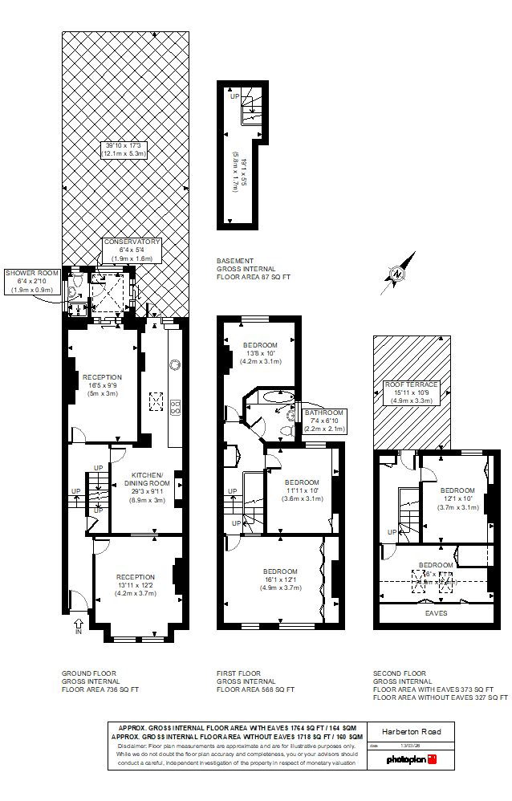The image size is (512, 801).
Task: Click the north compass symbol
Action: (399, 272)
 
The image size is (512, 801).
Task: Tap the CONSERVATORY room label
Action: (132, 242)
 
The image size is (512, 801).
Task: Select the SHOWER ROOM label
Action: (33, 274)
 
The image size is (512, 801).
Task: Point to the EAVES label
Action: (436, 612)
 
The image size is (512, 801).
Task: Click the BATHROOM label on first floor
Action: (324, 413)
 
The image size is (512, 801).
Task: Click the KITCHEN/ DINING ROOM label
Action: (147, 478)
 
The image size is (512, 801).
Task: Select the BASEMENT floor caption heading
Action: (234, 261)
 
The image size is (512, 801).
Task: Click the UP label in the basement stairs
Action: (234, 96)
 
